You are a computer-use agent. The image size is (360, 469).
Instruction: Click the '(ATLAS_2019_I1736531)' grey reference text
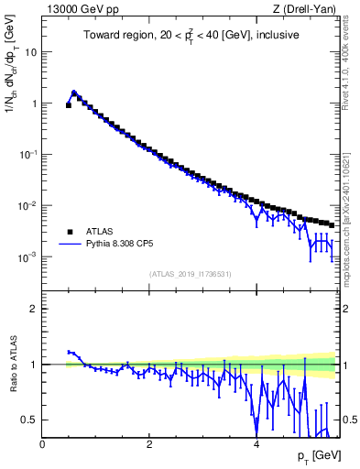coord(190,273)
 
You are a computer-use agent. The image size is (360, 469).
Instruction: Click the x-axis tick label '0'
coord(42,444)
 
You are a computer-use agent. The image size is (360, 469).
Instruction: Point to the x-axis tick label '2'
coord(149,444)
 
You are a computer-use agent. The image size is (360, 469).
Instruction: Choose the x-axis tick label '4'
coord(256,444)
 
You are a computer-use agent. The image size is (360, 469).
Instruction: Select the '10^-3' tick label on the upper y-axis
coord(28,257)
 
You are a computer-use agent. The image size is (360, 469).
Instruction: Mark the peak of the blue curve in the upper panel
coord(74,93)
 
